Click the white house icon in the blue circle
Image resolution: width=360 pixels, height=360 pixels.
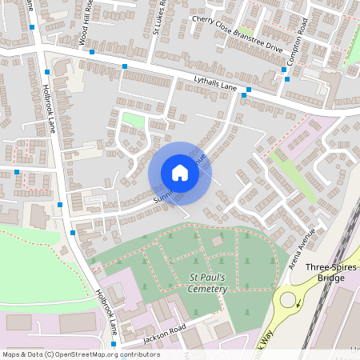click(x=180, y=173)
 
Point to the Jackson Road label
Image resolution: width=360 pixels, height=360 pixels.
click(x=164, y=334)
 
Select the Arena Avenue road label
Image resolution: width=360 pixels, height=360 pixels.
click(x=303, y=249)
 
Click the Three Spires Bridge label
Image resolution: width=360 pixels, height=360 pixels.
click(x=319, y=273)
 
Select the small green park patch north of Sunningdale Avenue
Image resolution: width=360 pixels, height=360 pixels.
click(x=133, y=120)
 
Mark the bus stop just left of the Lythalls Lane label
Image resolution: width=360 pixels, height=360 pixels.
click(x=124, y=66)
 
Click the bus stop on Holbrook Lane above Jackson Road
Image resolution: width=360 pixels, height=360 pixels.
click(x=73, y=232)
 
